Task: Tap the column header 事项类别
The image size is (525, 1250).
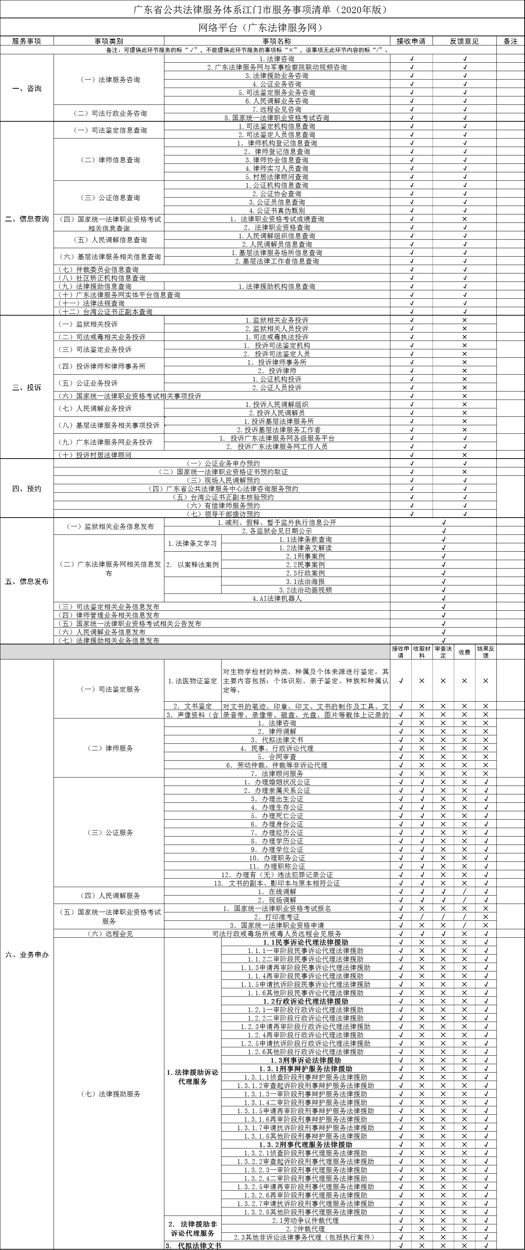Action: [109, 41]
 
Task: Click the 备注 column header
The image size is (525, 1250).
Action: [510, 41]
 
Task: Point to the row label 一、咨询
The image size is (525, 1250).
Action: [27, 88]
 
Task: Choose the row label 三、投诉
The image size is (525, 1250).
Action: [27, 387]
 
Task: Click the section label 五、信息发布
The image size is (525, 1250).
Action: [27, 581]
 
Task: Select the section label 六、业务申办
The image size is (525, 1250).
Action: [27, 955]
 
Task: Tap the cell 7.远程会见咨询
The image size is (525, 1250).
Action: [277, 109]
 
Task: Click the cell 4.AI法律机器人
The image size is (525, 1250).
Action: [277, 598]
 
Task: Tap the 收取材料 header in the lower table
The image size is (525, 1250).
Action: [422, 652]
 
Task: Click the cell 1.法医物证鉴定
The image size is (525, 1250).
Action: [193, 681]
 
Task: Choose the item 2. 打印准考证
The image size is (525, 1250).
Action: [277, 917]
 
